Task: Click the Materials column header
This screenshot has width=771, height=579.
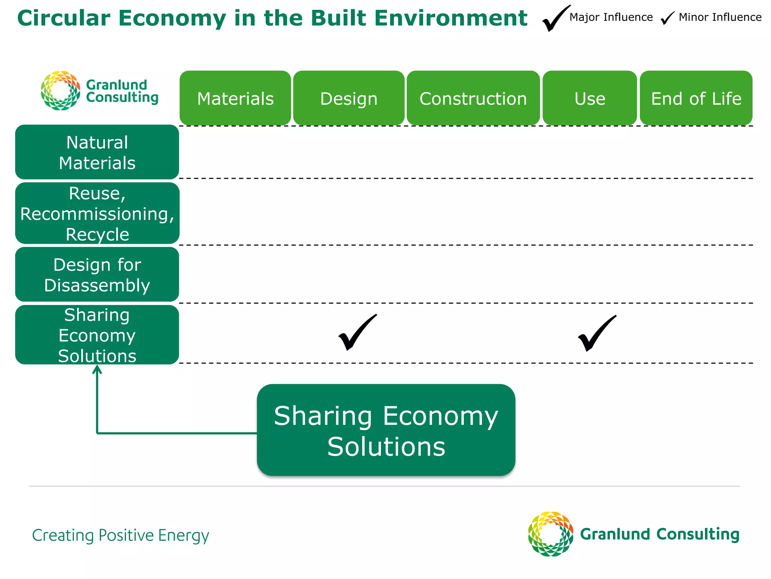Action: tap(235, 98)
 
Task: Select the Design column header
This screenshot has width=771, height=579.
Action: tap(349, 98)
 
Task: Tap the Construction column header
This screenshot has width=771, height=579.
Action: tap(473, 98)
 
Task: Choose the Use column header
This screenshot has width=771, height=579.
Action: tap(590, 98)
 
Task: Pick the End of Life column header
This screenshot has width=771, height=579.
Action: tap(696, 98)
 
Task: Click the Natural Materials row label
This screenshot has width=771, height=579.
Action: tap(97, 152)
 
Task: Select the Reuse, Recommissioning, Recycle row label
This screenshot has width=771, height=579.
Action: tap(97, 213)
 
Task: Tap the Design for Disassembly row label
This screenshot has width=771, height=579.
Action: tap(97, 274)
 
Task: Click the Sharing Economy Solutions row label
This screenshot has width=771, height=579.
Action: tap(97, 335)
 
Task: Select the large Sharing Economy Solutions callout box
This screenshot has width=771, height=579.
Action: tap(386, 430)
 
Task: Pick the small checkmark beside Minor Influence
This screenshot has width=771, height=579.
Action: tap(667, 18)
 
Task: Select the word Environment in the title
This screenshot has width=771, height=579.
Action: tap(451, 18)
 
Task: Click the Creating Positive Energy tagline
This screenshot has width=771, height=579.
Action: tap(120, 535)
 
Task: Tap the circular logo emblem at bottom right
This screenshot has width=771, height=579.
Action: tap(550, 534)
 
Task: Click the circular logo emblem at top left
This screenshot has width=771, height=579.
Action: tap(60, 90)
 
